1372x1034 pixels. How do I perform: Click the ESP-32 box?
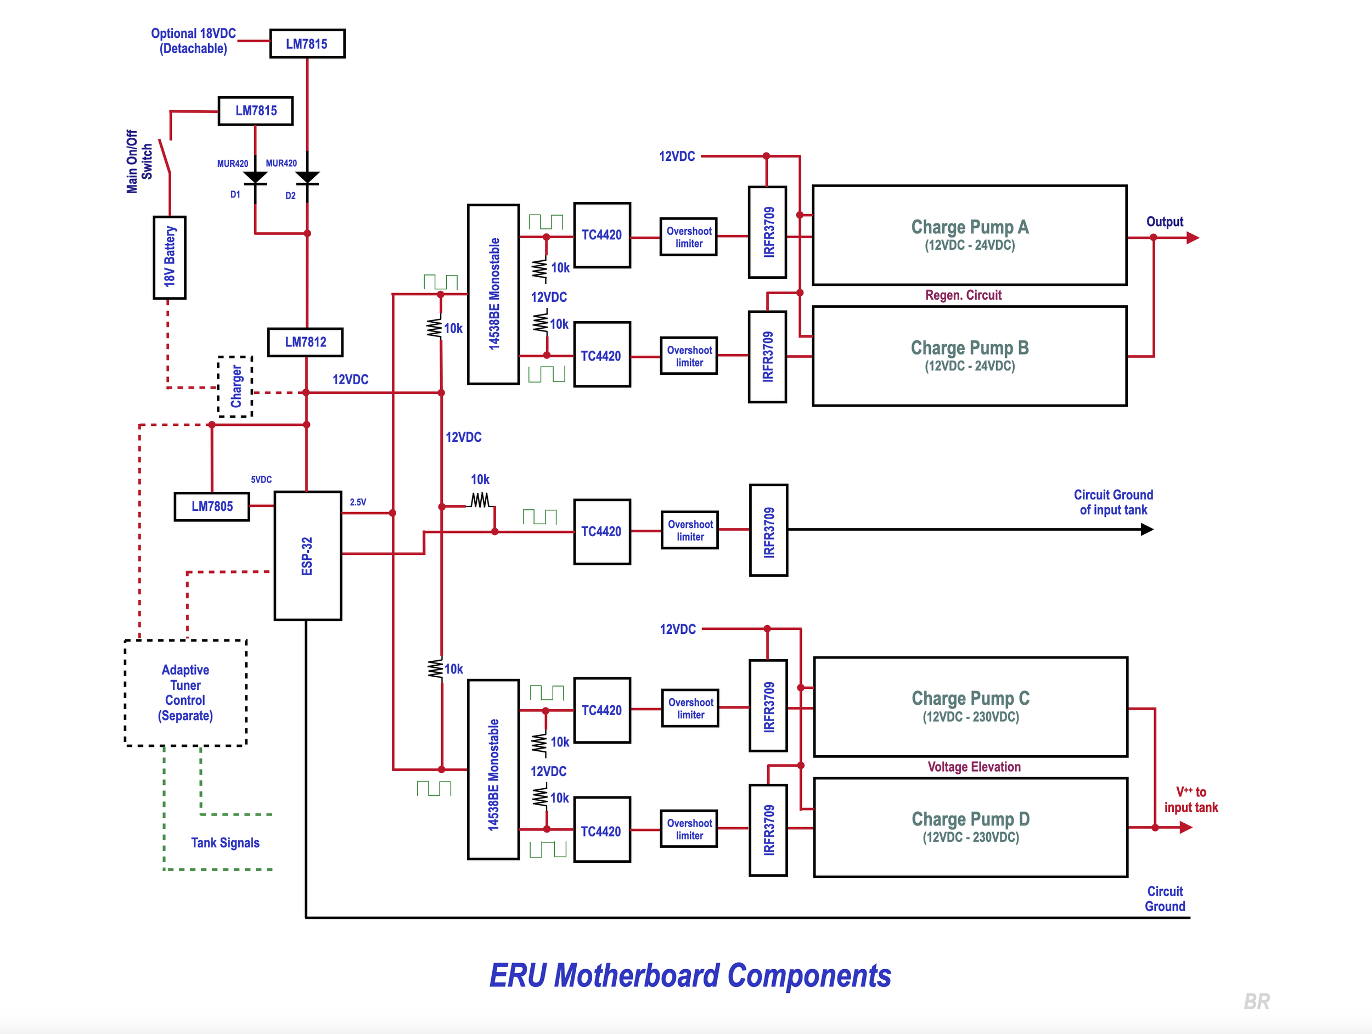(308, 556)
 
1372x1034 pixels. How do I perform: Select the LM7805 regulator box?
(212, 506)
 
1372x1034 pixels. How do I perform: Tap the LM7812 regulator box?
(305, 342)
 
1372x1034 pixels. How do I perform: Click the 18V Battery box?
(170, 257)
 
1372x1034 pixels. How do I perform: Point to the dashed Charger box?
(235, 386)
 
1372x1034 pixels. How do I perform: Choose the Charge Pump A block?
(970, 235)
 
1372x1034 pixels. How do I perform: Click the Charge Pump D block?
(970, 827)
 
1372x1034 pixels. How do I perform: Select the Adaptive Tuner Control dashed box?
(185, 692)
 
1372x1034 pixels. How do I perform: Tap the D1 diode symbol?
(255, 178)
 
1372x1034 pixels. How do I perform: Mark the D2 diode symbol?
(308, 178)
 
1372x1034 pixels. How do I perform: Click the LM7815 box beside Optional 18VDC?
(307, 43)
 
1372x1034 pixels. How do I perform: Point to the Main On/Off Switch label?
(139, 161)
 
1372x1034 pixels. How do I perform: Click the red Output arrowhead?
(1193, 238)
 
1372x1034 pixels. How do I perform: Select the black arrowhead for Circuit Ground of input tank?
(1148, 529)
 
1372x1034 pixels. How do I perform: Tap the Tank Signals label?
(225, 842)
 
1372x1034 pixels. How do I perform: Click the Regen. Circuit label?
(963, 295)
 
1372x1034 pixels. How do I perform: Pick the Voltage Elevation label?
(974, 767)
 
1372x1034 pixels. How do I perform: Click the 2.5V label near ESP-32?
(358, 502)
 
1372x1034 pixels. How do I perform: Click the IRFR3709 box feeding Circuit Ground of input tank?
(768, 530)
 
